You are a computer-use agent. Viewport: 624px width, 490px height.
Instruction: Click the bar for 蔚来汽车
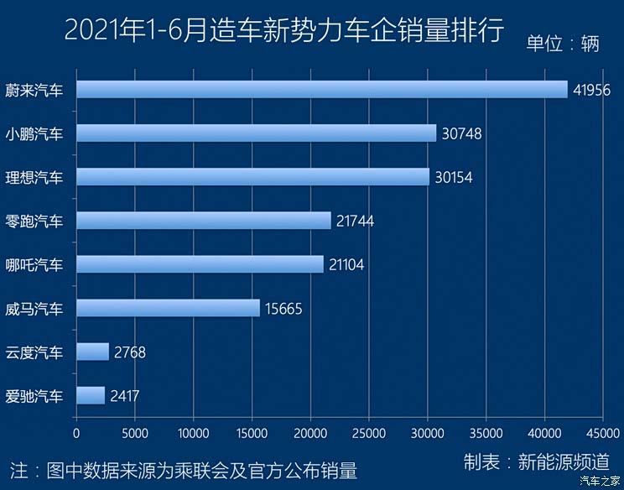(321, 89)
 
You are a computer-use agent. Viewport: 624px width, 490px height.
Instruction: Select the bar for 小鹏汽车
(256, 133)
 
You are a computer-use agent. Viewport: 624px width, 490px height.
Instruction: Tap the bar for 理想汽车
(252, 176)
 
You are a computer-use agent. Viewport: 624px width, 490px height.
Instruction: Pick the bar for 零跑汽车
(203, 220)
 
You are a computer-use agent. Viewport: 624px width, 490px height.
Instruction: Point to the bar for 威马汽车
(168, 308)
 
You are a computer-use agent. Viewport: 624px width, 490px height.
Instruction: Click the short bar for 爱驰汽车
(91, 395)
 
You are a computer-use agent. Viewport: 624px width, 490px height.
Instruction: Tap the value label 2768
(129, 352)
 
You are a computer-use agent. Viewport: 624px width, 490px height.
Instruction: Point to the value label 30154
(454, 177)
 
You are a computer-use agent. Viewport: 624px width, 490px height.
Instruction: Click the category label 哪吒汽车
(34, 264)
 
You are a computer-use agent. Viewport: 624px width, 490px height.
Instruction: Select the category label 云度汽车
(34, 352)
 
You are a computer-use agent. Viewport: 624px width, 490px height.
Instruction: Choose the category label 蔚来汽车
(34, 89)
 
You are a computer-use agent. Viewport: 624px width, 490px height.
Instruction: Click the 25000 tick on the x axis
(369, 433)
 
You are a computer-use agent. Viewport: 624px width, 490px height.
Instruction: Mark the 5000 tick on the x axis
(134, 433)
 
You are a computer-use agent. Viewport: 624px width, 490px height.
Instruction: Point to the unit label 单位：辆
(563, 44)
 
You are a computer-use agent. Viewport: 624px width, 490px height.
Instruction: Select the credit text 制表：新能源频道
(536, 461)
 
